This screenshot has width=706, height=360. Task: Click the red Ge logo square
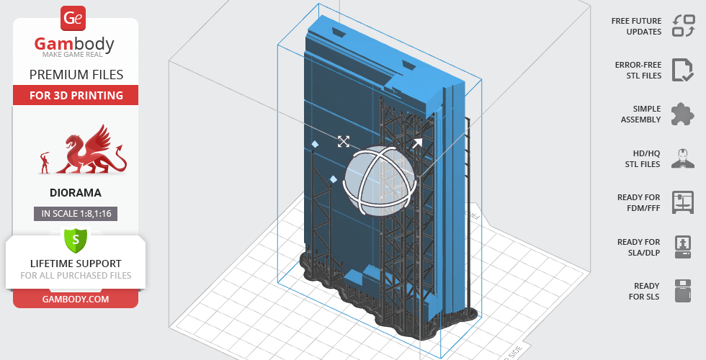pyautogui.click(x=73, y=19)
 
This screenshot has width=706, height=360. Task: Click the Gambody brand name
pyautogui.click(x=74, y=44)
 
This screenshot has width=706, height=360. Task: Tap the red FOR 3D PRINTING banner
pyautogui.click(x=76, y=95)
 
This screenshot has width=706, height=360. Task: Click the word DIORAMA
pyautogui.click(x=76, y=193)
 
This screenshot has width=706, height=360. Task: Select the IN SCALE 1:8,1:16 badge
pyautogui.click(x=76, y=214)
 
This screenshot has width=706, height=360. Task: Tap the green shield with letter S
pyautogui.click(x=76, y=240)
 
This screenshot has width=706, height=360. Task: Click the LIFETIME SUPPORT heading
pyautogui.click(x=76, y=264)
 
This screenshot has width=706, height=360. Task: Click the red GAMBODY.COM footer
pyautogui.click(x=76, y=300)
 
